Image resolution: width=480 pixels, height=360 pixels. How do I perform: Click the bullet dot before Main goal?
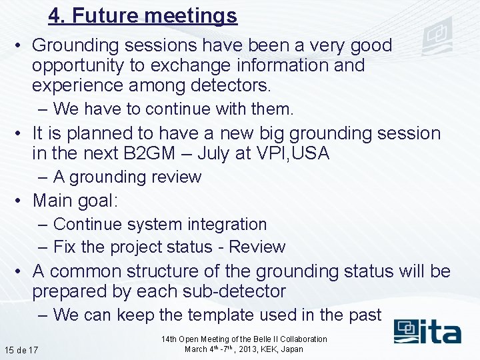[21, 201]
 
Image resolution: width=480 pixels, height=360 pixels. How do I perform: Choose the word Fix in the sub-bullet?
[65, 247]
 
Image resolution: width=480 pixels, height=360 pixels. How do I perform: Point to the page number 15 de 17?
[21, 350]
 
